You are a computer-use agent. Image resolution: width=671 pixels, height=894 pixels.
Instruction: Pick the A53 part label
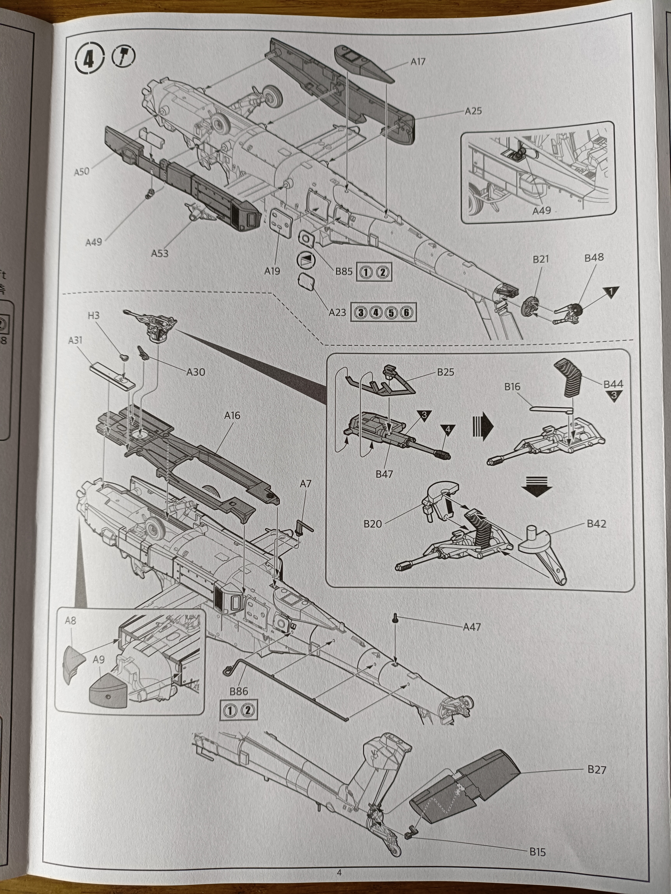[160, 253]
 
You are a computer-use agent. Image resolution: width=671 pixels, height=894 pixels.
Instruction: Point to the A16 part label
[232, 415]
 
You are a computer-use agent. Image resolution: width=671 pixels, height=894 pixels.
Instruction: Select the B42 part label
[596, 524]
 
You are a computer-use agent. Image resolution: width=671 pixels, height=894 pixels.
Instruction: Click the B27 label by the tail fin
[597, 769]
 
